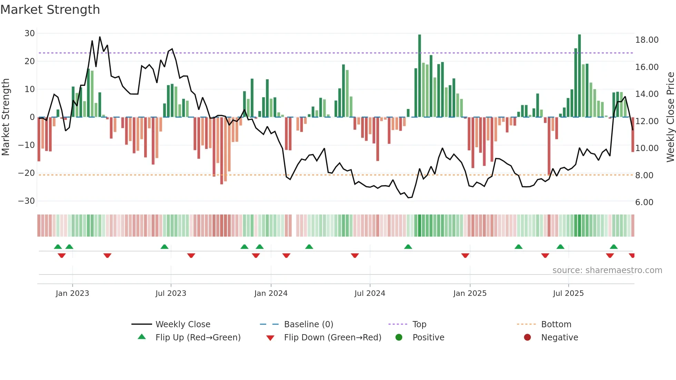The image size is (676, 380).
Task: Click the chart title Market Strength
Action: (x=50, y=10)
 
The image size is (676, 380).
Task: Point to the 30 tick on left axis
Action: (x=30, y=33)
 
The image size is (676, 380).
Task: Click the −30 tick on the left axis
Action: (x=27, y=201)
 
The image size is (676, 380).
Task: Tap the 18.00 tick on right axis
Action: (x=647, y=40)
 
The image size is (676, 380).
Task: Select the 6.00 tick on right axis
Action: (x=644, y=202)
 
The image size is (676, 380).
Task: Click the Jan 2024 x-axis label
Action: (x=271, y=293)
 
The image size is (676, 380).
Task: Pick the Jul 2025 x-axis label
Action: (x=568, y=293)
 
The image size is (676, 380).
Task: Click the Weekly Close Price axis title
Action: (x=670, y=117)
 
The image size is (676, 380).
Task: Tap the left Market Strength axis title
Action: (x=6, y=117)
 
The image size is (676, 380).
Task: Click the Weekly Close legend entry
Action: (x=182, y=324)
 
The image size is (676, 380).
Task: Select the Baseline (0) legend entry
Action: (x=308, y=324)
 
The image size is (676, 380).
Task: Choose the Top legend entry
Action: (x=419, y=324)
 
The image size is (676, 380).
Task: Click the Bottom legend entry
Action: (x=556, y=324)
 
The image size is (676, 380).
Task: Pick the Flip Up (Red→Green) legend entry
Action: (x=198, y=338)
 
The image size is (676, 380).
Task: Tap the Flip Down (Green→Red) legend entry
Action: (x=332, y=338)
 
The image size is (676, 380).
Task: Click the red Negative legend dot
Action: (x=527, y=338)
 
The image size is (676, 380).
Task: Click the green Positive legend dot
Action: (x=399, y=338)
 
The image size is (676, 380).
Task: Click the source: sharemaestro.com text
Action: (x=607, y=270)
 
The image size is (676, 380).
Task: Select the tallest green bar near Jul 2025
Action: (x=579, y=76)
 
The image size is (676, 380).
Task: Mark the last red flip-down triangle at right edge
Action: (x=632, y=256)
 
